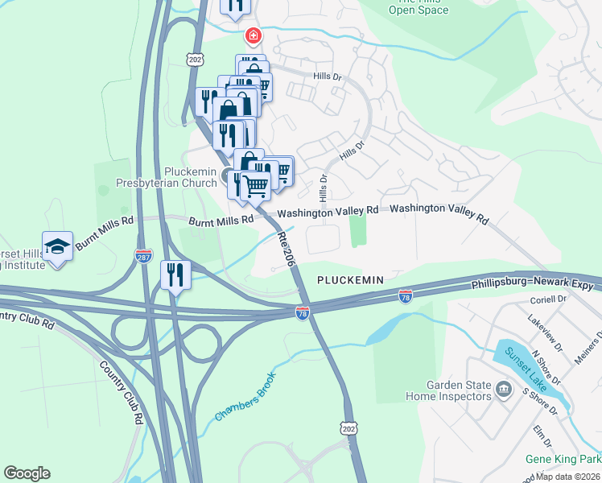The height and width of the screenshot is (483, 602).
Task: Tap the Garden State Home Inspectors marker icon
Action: coord(504,390)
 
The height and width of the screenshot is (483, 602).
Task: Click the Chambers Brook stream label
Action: coord(245,397)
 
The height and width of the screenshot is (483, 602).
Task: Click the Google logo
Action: coord(27,473)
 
